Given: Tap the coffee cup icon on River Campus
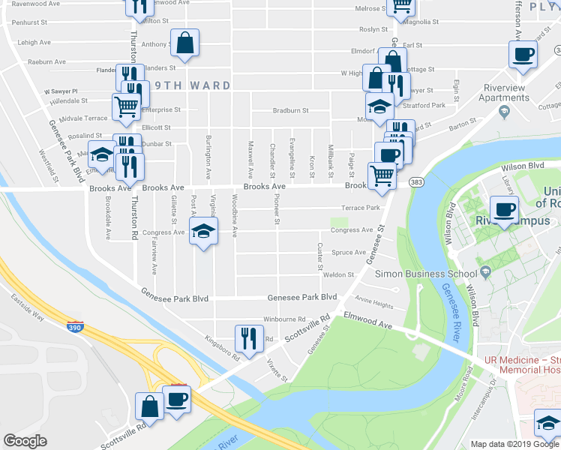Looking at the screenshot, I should point(504,209).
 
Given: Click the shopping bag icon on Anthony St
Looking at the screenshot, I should point(184,43).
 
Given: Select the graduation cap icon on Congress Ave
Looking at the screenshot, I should point(203,234).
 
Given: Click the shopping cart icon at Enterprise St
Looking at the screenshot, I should point(126,106).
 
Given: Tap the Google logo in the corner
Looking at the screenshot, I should point(25,441).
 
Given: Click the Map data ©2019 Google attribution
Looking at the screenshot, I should point(514,444).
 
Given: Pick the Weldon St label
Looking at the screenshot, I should point(337,275).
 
